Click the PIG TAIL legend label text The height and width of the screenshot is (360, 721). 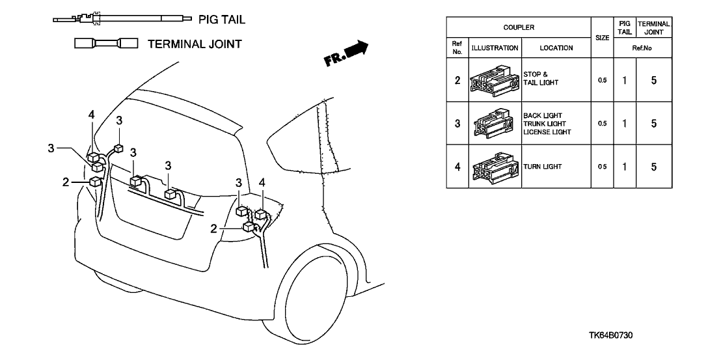click(222, 20)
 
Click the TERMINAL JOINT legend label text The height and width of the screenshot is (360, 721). click(195, 44)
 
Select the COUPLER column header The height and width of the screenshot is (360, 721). click(519, 28)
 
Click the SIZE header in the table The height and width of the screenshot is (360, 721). click(603, 38)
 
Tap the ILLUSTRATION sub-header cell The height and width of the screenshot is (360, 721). click(495, 48)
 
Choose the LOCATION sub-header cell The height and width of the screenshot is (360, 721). click(556, 48)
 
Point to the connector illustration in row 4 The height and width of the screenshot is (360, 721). click(495, 167)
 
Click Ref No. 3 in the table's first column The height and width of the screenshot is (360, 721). click(457, 124)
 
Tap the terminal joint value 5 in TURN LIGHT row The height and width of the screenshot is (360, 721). click(653, 167)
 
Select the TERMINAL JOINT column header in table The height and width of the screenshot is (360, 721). click(653, 28)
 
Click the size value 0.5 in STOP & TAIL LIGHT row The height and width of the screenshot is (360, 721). click(603, 81)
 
